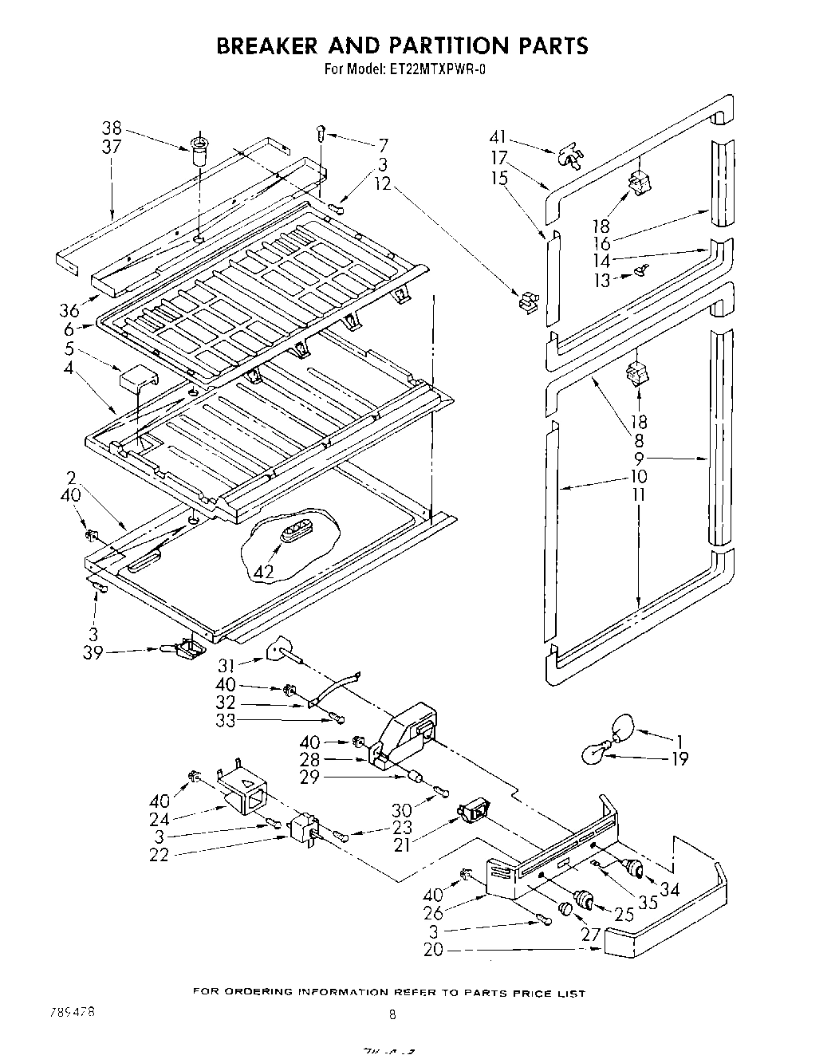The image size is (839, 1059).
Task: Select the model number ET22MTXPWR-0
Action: [x=439, y=69]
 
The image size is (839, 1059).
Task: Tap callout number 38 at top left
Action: [x=112, y=128]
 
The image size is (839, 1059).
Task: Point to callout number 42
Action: [x=264, y=572]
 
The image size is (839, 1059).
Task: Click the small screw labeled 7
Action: [x=321, y=132]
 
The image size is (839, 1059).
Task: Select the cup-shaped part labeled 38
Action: [x=196, y=149]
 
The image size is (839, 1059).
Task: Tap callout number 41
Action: [x=498, y=138]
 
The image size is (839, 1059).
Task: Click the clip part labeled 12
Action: [x=526, y=302]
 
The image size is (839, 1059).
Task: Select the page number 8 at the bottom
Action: [x=392, y=1015]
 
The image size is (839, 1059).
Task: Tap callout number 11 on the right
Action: [x=638, y=494]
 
